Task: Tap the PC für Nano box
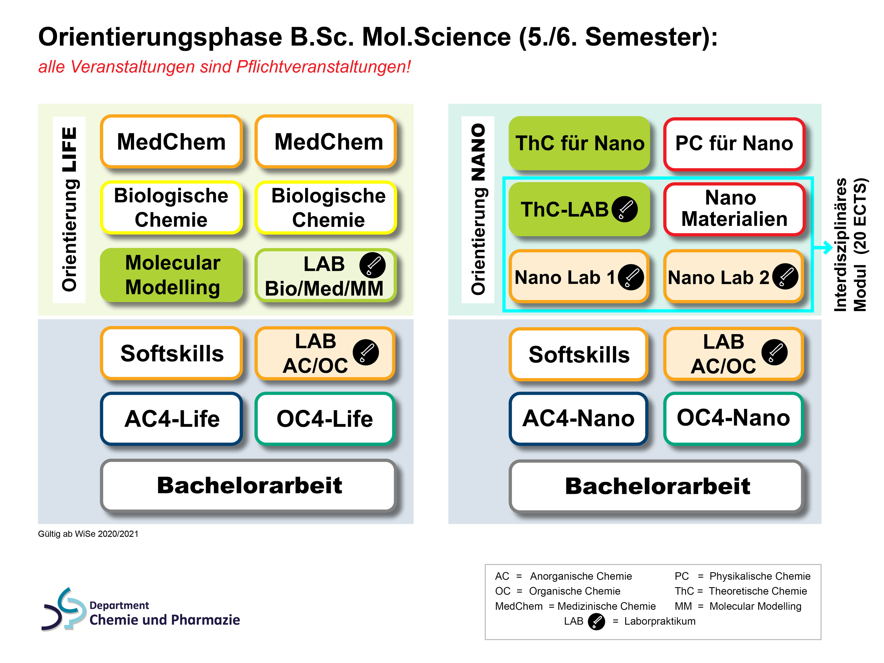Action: pyautogui.click(x=734, y=144)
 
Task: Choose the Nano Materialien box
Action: pyautogui.click(x=734, y=209)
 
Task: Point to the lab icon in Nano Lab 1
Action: pyautogui.click(x=631, y=277)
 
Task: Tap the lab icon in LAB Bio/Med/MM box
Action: pyautogui.click(x=373, y=265)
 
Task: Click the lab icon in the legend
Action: pyautogui.click(x=596, y=621)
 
